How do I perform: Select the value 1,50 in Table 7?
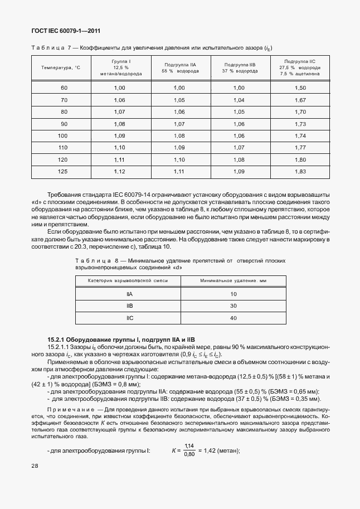click(x=300, y=88)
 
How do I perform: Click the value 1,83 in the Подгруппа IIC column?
click(x=300, y=171)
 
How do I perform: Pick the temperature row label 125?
click(x=64, y=171)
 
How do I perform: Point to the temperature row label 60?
click(x=64, y=88)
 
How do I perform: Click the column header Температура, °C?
click(x=61, y=67)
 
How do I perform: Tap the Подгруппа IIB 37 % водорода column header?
click(x=239, y=67)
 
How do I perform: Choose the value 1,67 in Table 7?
click(x=300, y=100)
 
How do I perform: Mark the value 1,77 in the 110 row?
click(x=300, y=147)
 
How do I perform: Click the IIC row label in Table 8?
click(x=129, y=318)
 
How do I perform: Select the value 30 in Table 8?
click(x=233, y=306)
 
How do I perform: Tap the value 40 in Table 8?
click(x=233, y=318)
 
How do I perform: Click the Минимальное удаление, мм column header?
click(x=233, y=281)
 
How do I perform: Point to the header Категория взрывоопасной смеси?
click(x=129, y=281)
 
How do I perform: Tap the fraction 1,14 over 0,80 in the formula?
click(x=189, y=450)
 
